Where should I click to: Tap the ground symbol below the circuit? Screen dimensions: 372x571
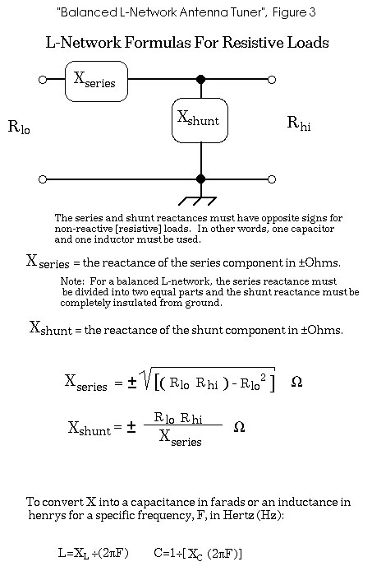coord(198,201)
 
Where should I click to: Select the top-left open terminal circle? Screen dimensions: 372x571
coord(43,79)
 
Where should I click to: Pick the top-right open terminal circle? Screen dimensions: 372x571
coord(272,79)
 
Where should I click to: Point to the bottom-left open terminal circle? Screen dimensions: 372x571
coord(43,179)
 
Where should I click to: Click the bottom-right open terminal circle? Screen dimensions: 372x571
coord(272,179)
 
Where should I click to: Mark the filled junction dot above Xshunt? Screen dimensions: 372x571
coord(200,79)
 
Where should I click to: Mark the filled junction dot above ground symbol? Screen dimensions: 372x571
coord(200,179)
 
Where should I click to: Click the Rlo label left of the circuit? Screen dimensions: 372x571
coord(19,127)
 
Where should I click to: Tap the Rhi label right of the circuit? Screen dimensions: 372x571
coord(299,123)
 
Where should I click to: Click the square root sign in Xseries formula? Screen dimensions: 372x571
coord(147,378)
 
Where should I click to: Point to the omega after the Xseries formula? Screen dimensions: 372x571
coord(296,382)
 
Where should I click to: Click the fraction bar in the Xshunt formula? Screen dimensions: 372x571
coord(183,425)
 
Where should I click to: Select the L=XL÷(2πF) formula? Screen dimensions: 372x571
coord(94,554)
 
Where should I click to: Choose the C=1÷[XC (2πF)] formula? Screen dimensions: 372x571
coord(198,554)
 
